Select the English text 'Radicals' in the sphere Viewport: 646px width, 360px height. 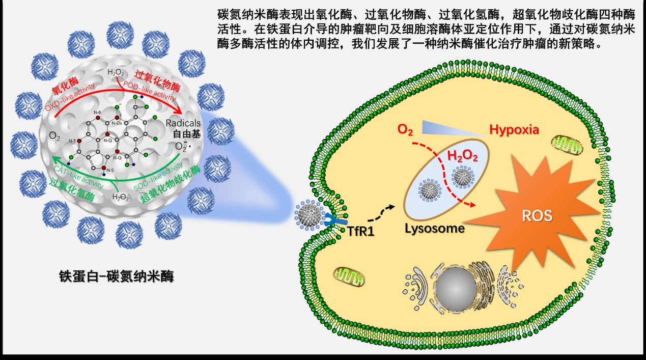(184, 124)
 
